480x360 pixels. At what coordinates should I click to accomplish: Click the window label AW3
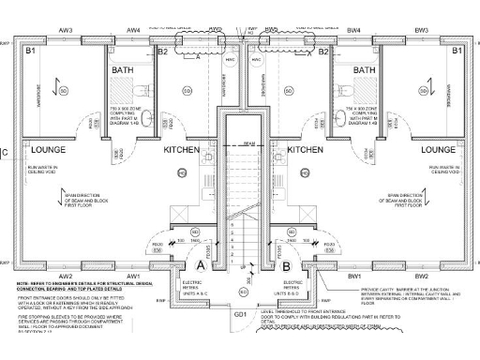tap(66, 30)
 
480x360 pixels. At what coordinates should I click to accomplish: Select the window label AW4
tap(133, 30)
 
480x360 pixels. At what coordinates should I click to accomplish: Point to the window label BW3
tap(421, 30)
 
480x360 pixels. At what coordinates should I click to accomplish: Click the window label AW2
tap(66, 277)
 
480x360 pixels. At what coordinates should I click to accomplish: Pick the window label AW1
tap(133, 277)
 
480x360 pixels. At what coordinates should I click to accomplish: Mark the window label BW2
tap(421, 277)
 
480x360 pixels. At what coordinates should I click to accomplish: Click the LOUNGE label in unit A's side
tap(46, 149)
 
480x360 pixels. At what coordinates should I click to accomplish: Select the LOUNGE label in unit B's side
tap(438, 149)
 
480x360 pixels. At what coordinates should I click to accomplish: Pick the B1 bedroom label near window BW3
tap(457, 52)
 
